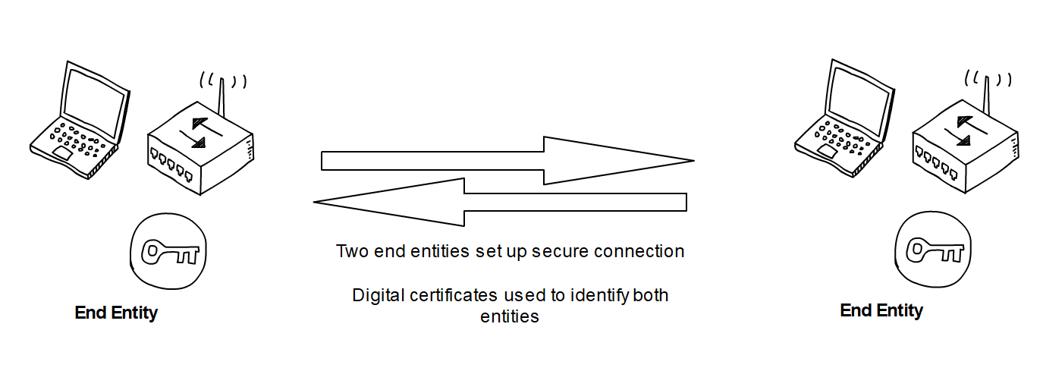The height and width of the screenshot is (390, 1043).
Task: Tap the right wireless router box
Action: click(963, 148)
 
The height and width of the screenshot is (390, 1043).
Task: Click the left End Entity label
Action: click(116, 313)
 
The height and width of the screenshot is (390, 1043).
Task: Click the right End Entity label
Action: click(881, 310)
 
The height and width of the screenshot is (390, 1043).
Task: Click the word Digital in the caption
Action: click(375, 295)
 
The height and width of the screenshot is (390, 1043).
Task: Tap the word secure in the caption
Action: click(561, 251)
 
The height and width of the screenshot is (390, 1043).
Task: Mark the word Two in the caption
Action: click(353, 251)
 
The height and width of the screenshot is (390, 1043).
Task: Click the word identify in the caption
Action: click(599, 295)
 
